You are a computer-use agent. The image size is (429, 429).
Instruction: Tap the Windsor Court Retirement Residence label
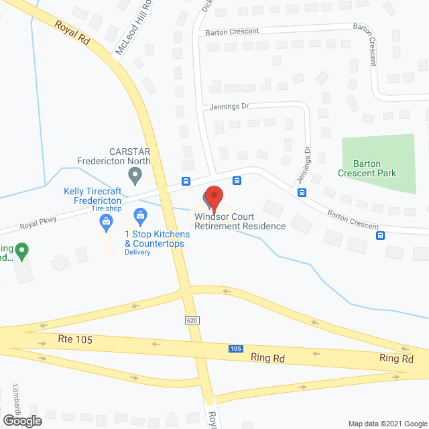[240, 221]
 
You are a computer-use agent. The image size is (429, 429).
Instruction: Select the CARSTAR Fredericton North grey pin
[135, 177]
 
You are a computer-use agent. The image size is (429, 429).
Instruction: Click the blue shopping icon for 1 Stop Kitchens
[140, 215]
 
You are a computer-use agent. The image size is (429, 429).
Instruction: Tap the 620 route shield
[192, 321]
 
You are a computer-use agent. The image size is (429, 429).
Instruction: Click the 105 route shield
[235, 349]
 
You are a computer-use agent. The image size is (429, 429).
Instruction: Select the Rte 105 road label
[76, 341]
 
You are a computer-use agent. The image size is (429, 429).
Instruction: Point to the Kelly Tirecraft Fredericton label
[93, 196]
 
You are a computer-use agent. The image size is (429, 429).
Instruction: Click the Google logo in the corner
[21, 420]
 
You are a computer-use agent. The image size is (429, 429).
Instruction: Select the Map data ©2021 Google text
[387, 423]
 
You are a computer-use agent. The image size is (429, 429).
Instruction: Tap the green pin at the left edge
[21, 252]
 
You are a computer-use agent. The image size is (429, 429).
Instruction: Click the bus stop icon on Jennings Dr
[302, 193]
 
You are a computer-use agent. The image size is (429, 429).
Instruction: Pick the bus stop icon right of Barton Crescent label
[381, 235]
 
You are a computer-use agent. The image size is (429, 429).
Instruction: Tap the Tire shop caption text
[106, 209]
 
